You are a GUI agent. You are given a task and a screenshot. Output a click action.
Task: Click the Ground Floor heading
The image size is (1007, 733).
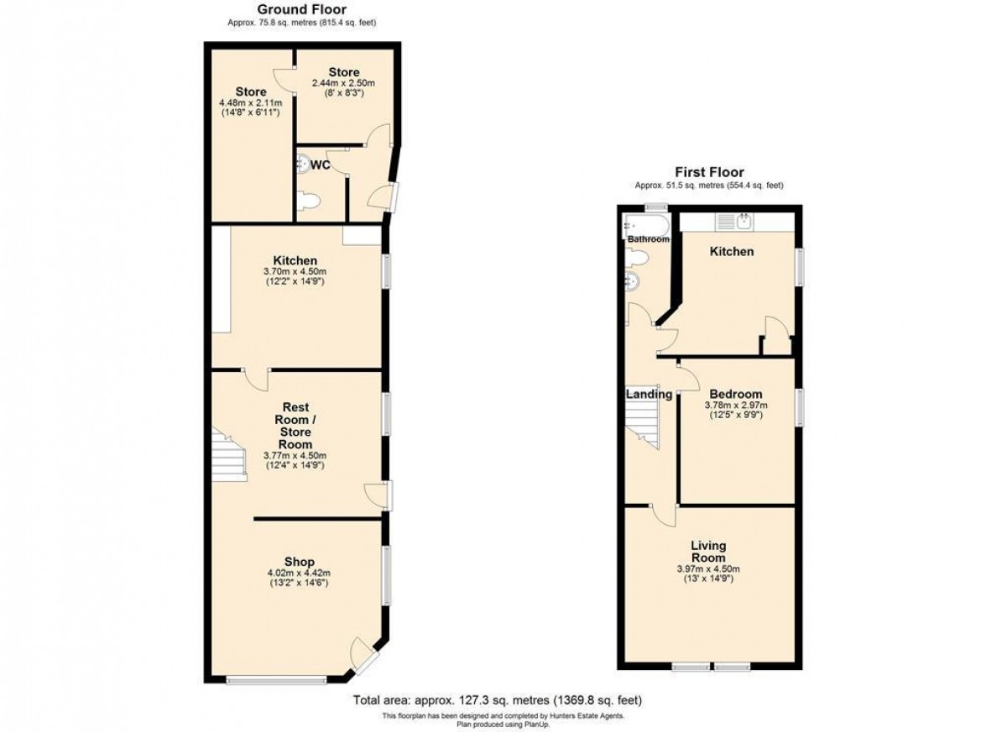click(301, 9)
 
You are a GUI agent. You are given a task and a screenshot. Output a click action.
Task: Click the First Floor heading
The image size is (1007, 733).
click(709, 172)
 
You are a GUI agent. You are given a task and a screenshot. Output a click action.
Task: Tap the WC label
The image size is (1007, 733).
click(320, 165)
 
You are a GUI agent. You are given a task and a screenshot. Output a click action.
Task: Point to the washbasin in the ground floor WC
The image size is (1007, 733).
click(303, 164)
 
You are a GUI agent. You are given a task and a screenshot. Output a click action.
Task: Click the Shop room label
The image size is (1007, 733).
click(299, 562)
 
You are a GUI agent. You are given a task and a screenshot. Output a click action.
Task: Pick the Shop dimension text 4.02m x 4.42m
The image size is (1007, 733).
click(299, 573)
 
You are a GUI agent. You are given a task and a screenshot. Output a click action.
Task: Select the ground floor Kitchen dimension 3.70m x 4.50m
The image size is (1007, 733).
click(295, 271)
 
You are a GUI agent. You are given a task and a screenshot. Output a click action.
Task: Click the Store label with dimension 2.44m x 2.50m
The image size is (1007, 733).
click(344, 72)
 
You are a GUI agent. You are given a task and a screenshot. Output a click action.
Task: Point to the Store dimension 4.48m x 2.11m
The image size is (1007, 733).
click(250, 103)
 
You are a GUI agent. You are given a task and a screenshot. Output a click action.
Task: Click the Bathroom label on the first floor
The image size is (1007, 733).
click(648, 239)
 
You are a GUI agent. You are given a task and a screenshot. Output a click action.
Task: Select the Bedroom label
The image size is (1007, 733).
click(735, 394)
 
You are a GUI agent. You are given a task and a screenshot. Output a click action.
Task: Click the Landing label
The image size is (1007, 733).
click(650, 395)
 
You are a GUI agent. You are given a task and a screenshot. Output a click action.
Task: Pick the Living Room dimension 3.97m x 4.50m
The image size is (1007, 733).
click(708, 569)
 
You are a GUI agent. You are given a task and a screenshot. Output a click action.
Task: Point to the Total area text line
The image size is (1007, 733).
click(497, 700)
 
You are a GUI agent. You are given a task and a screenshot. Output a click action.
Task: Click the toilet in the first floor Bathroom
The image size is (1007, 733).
click(637, 258)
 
